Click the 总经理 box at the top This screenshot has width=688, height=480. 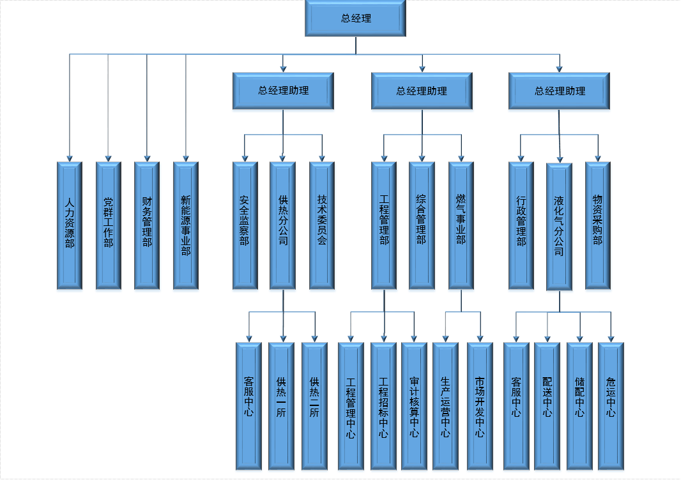point(356,19)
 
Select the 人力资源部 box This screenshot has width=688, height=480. point(70,225)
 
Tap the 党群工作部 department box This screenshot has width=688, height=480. point(109,225)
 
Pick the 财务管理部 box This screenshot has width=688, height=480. point(147,225)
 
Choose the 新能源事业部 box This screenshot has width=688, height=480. point(186,225)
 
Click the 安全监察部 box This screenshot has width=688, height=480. point(245,225)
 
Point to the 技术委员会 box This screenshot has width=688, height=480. point(322,225)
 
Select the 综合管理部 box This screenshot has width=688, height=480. point(422,225)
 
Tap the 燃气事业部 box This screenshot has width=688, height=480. point(461,225)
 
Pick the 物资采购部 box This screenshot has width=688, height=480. point(598,225)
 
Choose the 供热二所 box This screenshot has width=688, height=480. point(314,406)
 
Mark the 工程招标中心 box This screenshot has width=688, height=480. point(383,406)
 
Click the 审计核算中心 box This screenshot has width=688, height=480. point(414,406)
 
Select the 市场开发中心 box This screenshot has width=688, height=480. point(480,406)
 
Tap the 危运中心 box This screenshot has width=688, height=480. point(611,406)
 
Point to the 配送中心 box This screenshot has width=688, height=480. point(547,406)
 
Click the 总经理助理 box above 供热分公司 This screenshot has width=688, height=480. point(283,91)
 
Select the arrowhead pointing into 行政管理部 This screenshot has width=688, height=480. point(521,157)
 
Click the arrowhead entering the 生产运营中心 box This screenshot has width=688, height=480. point(445,338)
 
